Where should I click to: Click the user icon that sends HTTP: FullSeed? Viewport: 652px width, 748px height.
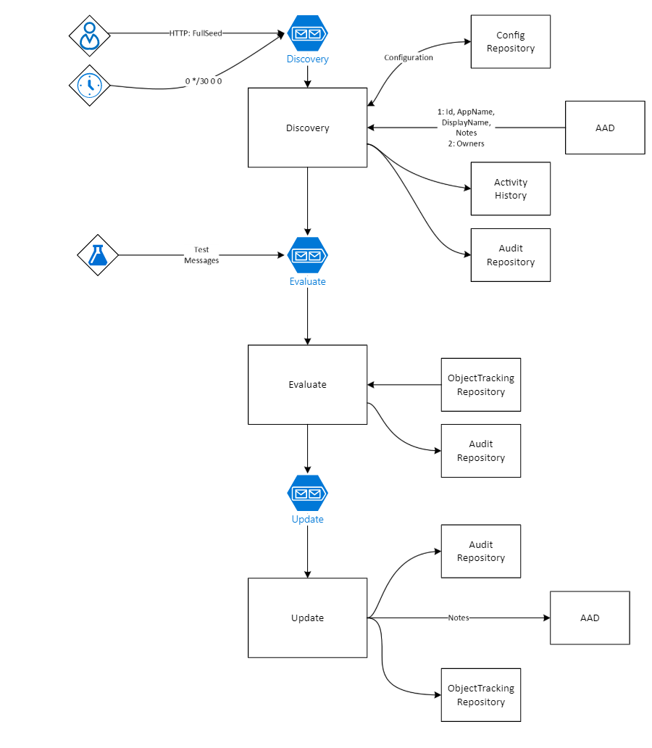coord(89,35)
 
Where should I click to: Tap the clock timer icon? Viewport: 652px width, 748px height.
coord(89,86)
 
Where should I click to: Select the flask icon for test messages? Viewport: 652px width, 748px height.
coord(98,255)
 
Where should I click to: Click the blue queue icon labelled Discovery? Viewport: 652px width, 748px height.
coord(308,33)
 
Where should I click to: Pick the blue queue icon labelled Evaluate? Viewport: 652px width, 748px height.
coord(308,255)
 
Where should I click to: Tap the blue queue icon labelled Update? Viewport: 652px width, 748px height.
coord(308,494)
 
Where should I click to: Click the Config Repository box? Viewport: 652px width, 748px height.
coord(510,42)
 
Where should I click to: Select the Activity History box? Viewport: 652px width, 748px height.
coord(510,189)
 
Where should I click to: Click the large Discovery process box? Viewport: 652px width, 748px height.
coord(307,128)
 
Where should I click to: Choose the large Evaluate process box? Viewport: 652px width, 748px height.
coord(307,384)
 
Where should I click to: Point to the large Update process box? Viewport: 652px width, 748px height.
coord(307,618)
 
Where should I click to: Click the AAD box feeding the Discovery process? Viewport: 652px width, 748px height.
coord(604,128)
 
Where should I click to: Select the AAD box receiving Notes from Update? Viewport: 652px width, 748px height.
coord(590,618)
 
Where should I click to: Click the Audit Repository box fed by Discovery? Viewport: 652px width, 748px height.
coord(510,255)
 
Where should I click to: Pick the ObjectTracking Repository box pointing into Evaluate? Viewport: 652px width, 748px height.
coord(480,385)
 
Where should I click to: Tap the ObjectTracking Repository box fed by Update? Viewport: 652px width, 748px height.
coord(480,695)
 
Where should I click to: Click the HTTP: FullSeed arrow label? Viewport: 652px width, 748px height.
coord(196,33)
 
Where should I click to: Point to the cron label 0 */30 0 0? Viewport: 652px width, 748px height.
coord(204,81)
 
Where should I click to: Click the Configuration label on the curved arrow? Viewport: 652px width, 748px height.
coord(409,57)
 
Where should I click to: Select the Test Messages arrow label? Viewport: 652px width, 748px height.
coord(201,255)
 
